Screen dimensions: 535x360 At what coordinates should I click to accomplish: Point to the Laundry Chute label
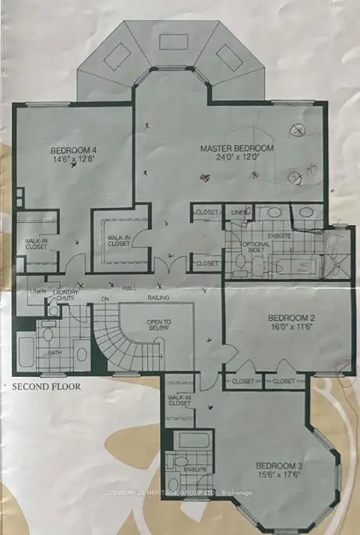pyautogui.click(x=65, y=296)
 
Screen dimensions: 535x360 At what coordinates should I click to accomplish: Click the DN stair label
pyautogui.click(x=104, y=298)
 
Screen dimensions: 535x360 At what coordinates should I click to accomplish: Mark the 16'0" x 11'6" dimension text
pyautogui.click(x=291, y=329)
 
